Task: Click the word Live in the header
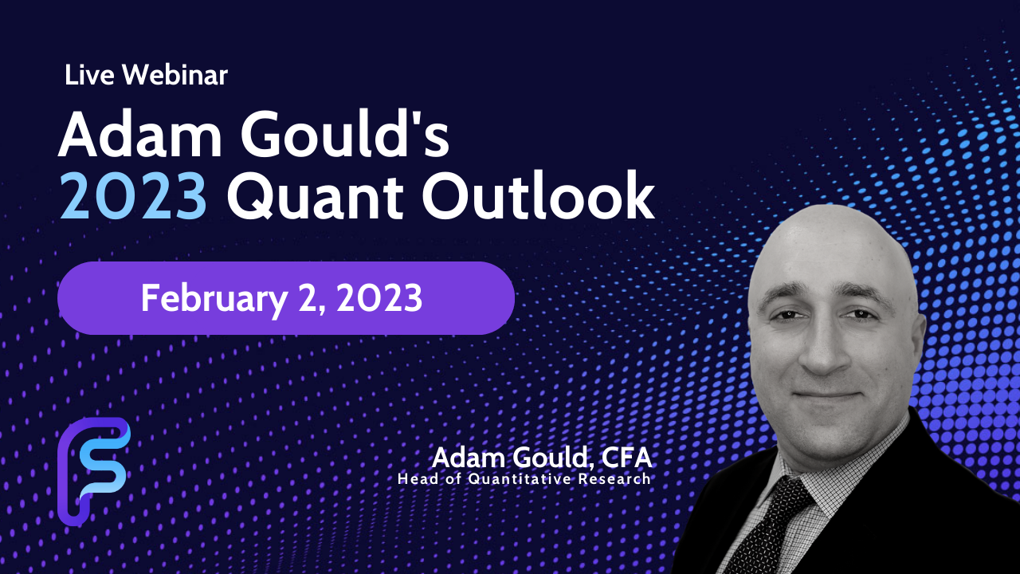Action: click(x=89, y=75)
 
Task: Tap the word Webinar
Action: click(x=175, y=75)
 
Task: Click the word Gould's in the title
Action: click(x=345, y=135)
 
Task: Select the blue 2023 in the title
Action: click(x=133, y=196)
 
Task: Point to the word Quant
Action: click(x=315, y=197)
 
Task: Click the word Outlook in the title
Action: click(x=538, y=196)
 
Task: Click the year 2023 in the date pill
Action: click(x=379, y=298)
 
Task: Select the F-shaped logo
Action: click(x=94, y=471)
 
